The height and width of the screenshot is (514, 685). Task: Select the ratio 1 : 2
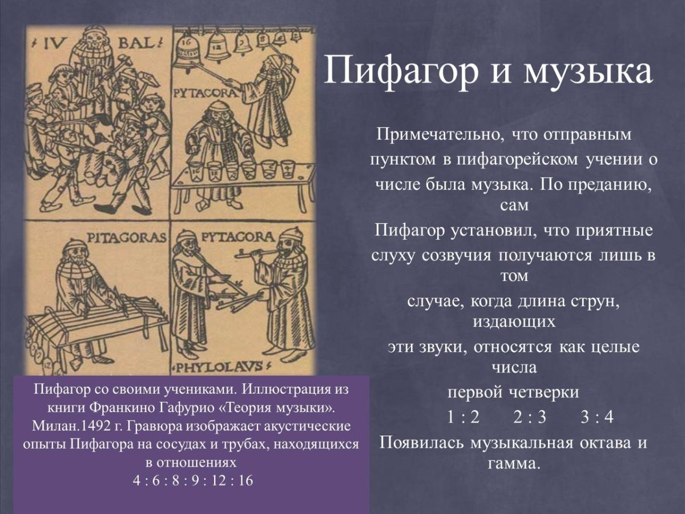coord(463,417)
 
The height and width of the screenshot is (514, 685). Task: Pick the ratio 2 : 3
coord(529,417)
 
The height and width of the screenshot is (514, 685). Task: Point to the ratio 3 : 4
coord(597,417)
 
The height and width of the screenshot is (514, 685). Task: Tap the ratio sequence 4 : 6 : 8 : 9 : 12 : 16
coord(192,480)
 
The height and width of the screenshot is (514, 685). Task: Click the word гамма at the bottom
coord(514,463)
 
